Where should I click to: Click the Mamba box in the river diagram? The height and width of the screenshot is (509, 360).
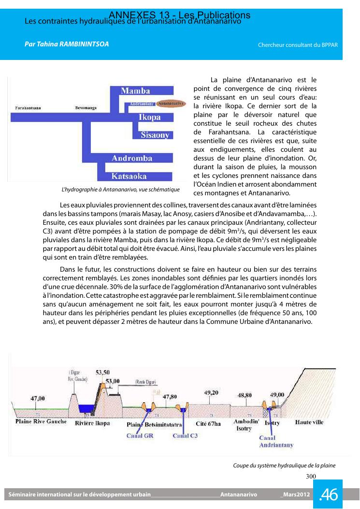pyautogui.click(x=135, y=91)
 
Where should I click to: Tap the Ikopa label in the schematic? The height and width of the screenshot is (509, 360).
pyautogui.click(x=149, y=117)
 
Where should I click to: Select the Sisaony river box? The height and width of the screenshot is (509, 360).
pyautogui.click(x=155, y=135)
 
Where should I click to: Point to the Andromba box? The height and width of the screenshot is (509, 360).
pyautogui.click(x=132, y=158)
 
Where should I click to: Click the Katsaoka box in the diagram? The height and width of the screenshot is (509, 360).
pyautogui.click(x=129, y=176)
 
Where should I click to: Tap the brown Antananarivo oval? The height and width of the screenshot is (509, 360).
pyautogui.click(x=172, y=103)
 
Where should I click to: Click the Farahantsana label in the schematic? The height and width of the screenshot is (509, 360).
pyautogui.click(x=28, y=108)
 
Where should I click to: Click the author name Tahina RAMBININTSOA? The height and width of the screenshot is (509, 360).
pyautogui.click(x=67, y=44)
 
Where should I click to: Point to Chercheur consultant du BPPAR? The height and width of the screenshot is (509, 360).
pyautogui.click(x=297, y=45)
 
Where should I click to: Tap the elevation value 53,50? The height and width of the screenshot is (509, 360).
pyautogui.click(x=102, y=372)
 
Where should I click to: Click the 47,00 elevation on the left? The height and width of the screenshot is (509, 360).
pyautogui.click(x=38, y=398)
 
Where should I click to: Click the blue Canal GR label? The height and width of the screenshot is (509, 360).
pyautogui.click(x=140, y=436)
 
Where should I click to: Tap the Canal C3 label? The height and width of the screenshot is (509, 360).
pyautogui.click(x=185, y=436)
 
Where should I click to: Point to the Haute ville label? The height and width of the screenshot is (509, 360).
pyautogui.click(x=309, y=422)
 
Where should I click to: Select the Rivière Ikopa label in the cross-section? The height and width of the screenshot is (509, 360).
pyautogui.click(x=92, y=423)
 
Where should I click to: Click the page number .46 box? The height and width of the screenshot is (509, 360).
pyautogui.click(x=328, y=494)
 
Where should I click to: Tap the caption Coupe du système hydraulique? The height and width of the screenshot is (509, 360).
pyautogui.click(x=284, y=465)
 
